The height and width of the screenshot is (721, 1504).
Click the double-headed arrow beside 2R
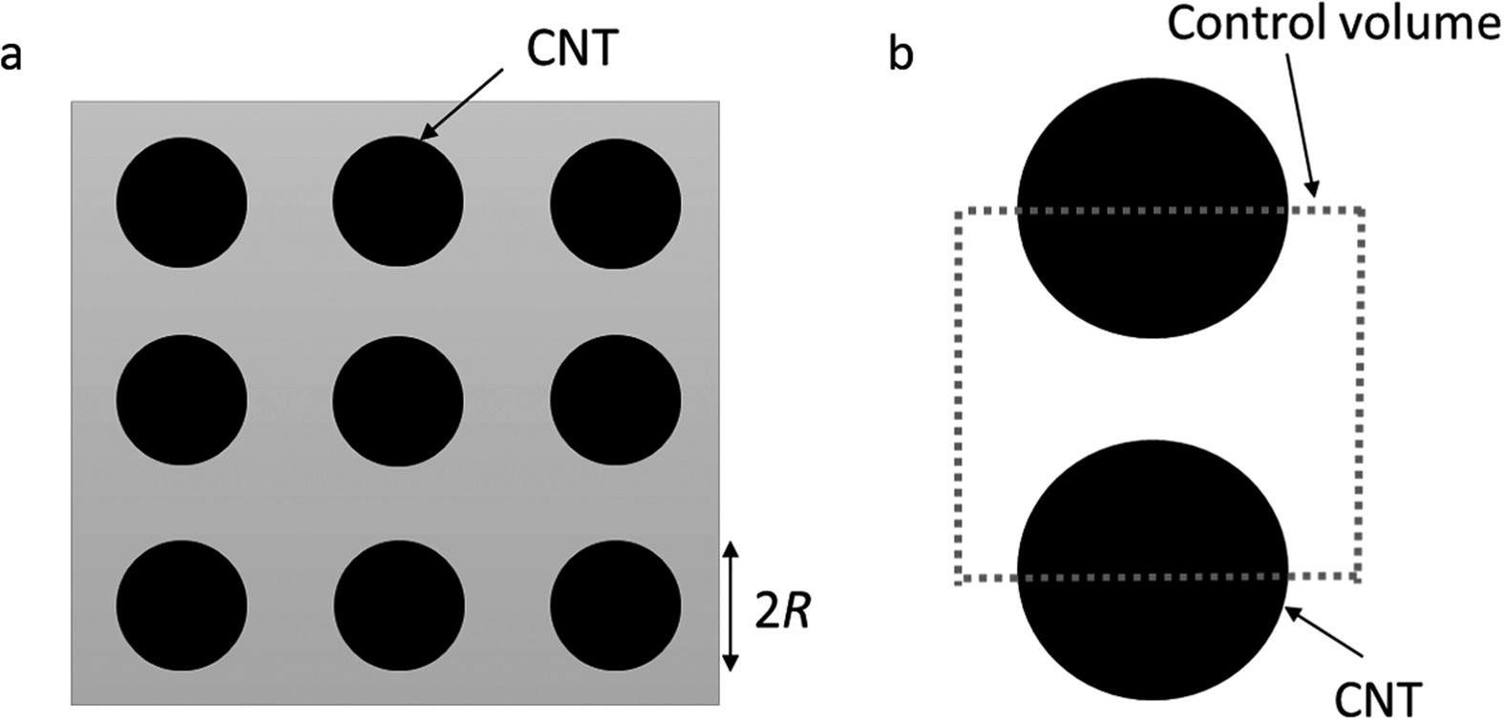(x=731, y=605)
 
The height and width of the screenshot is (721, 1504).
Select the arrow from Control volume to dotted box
(x=1300, y=124)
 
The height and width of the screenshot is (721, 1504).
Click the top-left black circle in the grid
(x=181, y=202)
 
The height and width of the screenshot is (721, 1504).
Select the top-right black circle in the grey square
(x=616, y=202)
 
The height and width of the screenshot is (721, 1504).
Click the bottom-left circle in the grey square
(x=181, y=605)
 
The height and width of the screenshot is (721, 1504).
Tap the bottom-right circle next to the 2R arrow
(x=616, y=605)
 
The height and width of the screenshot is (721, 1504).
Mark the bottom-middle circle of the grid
(x=397, y=605)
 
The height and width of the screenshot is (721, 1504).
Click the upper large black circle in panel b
(x=1152, y=206)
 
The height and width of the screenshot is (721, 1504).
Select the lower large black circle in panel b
(x=1152, y=571)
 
